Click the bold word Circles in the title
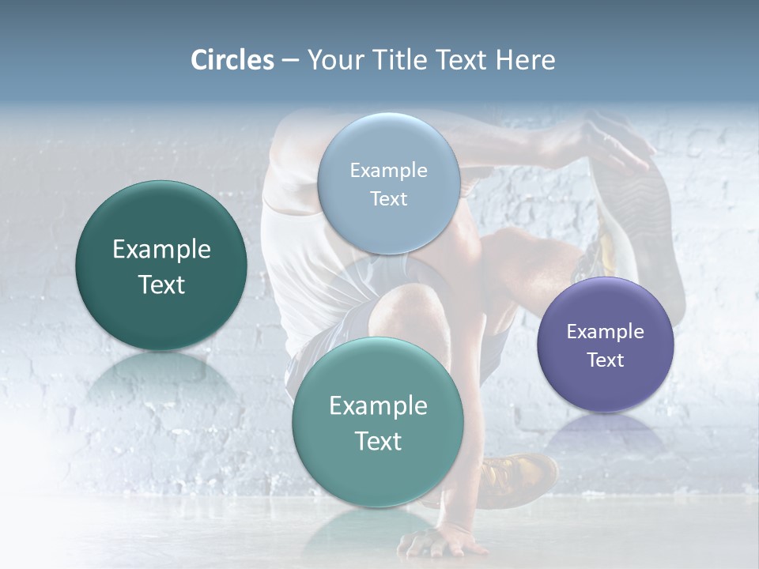(232, 60)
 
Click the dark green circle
(161, 266)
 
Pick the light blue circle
(389, 183)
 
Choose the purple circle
(606, 345)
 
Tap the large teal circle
(378, 422)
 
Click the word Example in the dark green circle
(161, 250)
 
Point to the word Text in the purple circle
(606, 360)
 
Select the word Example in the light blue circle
(389, 170)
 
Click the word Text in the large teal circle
(378, 441)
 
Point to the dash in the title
(289, 61)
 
